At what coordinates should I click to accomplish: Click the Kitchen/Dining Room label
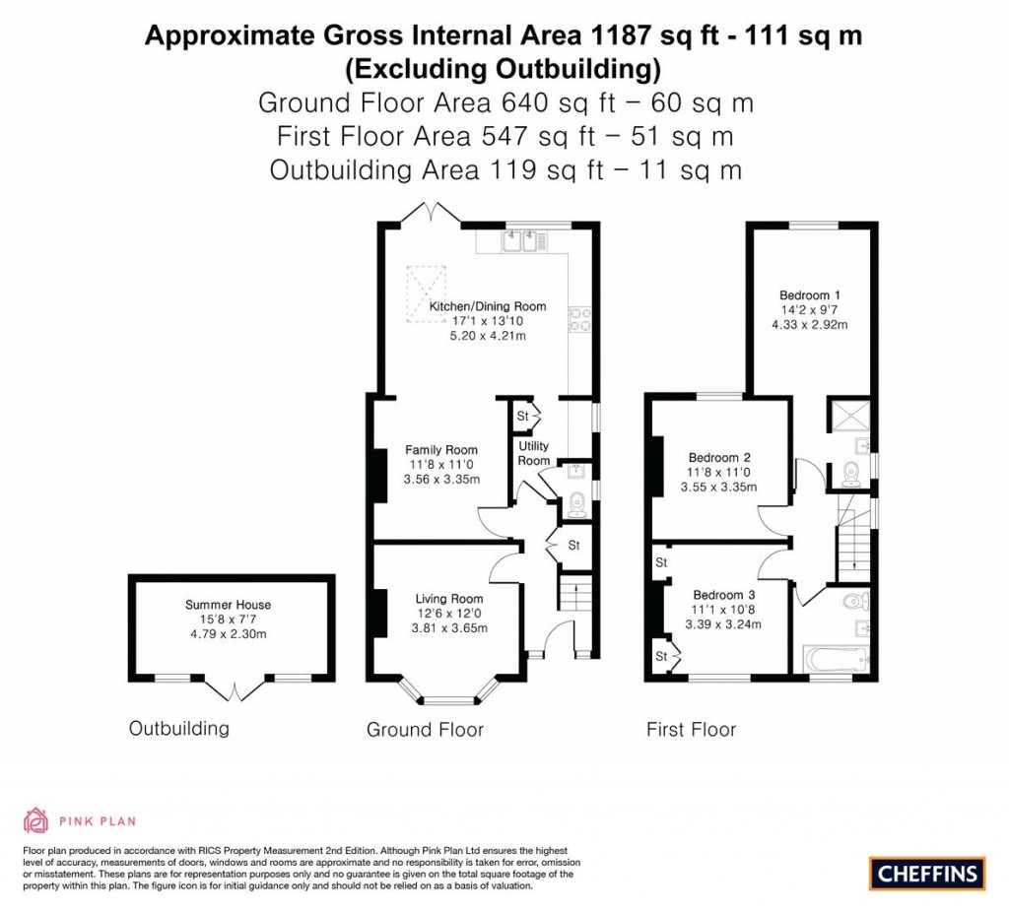[x=487, y=306]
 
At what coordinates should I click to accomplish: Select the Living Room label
[x=448, y=598]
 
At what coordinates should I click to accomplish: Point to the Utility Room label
[x=534, y=453]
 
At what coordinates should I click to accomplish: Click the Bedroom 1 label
[x=809, y=294]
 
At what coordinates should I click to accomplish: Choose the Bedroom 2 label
[x=719, y=457]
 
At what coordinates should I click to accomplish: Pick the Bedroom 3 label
[x=723, y=595]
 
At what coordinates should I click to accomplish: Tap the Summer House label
[x=228, y=605]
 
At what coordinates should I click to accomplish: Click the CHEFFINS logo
[x=927, y=873]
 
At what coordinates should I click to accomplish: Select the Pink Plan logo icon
[x=35, y=819]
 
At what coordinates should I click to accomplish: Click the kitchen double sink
[x=521, y=238]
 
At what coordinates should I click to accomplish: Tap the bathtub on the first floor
[x=832, y=660]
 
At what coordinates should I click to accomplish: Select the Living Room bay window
[x=448, y=697]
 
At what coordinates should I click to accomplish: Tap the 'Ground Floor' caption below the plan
[x=425, y=730]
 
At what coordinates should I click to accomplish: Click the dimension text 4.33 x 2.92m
[x=809, y=324]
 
